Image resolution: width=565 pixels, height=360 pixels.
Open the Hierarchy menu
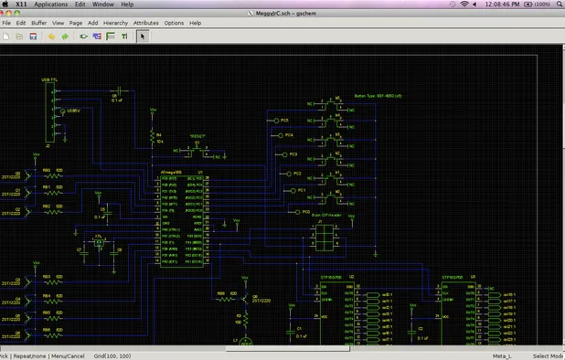click(x=115, y=22)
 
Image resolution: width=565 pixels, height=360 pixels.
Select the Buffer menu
click(x=38, y=22)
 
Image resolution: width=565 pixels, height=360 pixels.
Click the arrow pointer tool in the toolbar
click(x=142, y=37)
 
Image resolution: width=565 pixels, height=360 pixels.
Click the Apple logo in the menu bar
click(x=6, y=5)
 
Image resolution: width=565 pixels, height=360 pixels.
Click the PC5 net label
click(x=284, y=120)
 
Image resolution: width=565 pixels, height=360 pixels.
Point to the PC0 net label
click(x=293, y=211)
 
